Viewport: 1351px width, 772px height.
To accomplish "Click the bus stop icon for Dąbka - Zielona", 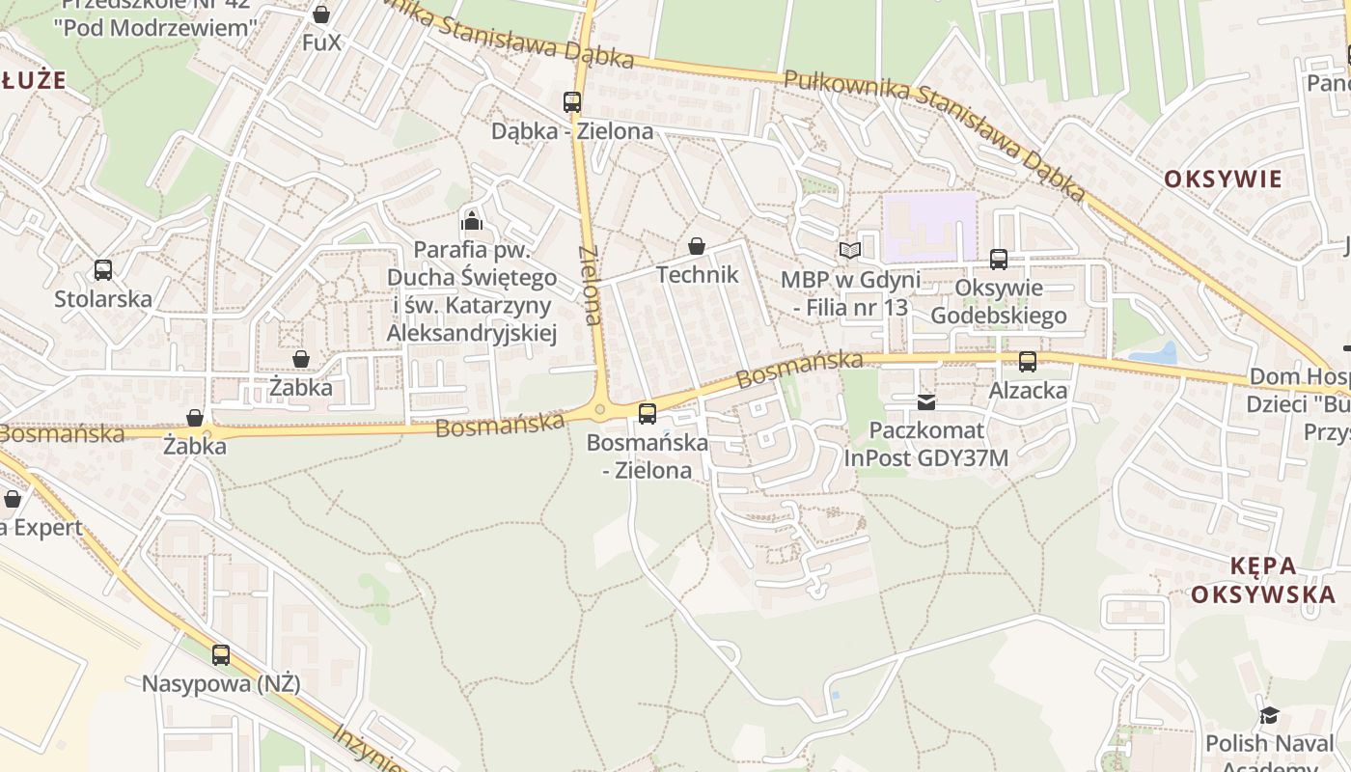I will pyautogui.click(x=572, y=101).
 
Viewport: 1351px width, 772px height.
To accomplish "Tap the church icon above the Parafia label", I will pyautogui.click(x=472, y=220).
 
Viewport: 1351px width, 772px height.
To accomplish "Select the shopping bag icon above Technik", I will pyautogui.click(x=697, y=246).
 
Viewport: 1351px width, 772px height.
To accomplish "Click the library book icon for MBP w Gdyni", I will pyautogui.click(x=849, y=251).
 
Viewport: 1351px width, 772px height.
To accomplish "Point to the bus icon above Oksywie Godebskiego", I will pyautogui.click(x=999, y=259).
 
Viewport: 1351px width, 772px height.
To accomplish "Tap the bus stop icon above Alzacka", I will pyautogui.click(x=1028, y=362).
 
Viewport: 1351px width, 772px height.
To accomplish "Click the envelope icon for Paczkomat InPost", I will pyautogui.click(x=926, y=401).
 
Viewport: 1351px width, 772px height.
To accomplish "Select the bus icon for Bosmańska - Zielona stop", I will pyautogui.click(x=648, y=413).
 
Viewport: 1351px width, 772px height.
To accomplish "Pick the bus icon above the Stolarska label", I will pyautogui.click(x=103, y=270).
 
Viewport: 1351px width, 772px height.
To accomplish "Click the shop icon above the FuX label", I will pyautogui.click(x=321, y=14).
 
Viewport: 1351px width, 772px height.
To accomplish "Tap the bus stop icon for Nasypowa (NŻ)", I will pyautogui.click(x=221, y=655).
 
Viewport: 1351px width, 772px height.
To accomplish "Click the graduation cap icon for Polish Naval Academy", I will pyautogui.click(x=1268, y=715).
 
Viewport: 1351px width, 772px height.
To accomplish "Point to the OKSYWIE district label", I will pyautogui.click(x=1223, y=179).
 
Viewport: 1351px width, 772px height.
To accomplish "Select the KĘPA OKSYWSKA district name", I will pyautogui.click(x=1268, y=579).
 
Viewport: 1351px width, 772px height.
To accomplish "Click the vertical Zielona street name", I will pyautogui.click(x=591, y=285).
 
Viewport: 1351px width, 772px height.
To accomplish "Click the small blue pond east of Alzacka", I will pyautogui.click(x=1155, y=354).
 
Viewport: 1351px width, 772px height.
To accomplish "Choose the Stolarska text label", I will pyautogui.click(x=103, y=299).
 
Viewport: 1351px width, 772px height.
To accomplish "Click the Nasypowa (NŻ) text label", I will pyautogui.click(x=221, y=684).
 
